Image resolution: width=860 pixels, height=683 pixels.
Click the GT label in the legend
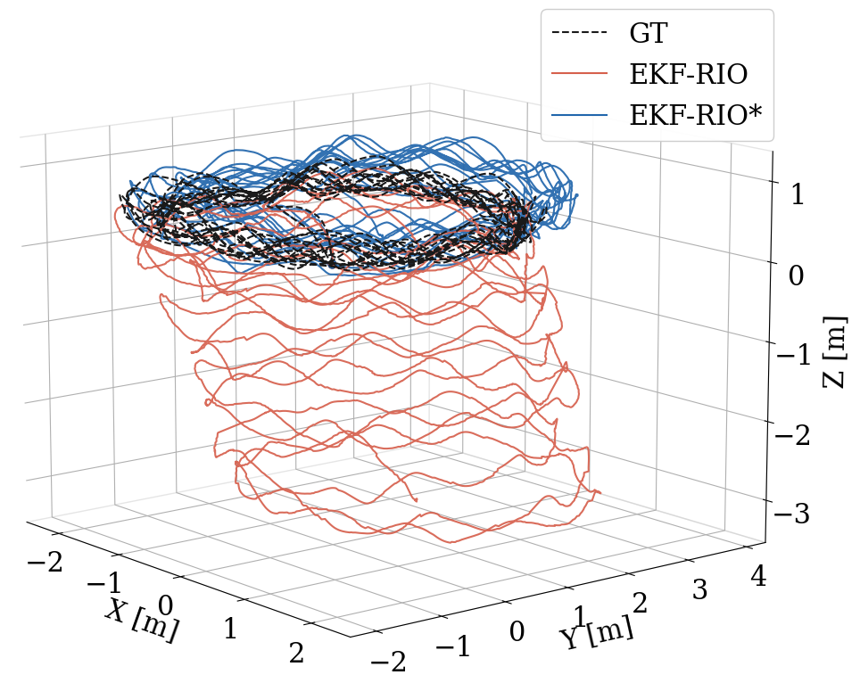pos(649,34)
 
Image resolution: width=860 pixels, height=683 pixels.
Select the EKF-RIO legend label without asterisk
pos(688,75)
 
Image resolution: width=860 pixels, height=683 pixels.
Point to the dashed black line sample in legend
pos(579,34)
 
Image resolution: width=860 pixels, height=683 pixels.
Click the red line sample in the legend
pos(579,75)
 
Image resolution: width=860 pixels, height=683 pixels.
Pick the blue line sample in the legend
pos(579,116)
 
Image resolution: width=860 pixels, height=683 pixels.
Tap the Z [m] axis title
pos(834,352)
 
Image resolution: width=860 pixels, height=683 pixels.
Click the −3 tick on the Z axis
pos(790,515)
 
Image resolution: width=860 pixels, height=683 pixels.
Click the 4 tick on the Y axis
pos(758,576)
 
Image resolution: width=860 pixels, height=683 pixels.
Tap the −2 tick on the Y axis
pos(387,662)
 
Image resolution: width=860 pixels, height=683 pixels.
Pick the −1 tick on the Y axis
pos(451,646)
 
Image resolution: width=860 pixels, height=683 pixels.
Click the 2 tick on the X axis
pos(296,654)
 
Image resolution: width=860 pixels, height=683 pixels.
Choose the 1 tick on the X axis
pos(230,630)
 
